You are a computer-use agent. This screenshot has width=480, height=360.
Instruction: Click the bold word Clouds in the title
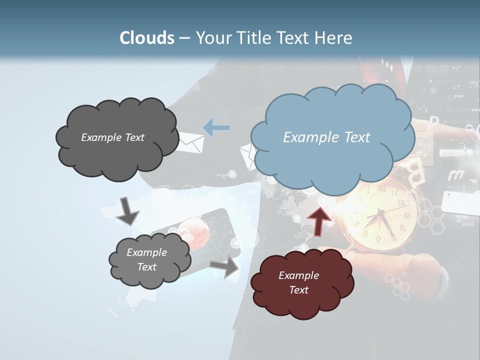(147, 38)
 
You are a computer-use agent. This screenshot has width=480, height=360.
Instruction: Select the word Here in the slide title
(335, 38)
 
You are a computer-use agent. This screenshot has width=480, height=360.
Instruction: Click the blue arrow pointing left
(216, 128)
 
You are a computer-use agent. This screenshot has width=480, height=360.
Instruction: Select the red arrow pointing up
(319, 219)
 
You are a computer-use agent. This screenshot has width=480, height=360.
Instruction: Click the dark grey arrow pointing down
(127, 211)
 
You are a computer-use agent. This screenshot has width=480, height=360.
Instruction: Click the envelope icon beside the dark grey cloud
(190, 142)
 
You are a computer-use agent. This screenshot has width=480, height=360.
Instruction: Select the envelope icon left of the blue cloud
(248, 156)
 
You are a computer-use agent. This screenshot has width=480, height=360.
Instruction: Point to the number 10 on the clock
(401, 202)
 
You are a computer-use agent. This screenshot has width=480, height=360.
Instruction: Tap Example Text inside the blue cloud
(326, 137)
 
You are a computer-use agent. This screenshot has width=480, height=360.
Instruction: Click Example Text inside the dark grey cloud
(112, 137)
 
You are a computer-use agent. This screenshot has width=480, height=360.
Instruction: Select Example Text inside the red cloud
(298, 282)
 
